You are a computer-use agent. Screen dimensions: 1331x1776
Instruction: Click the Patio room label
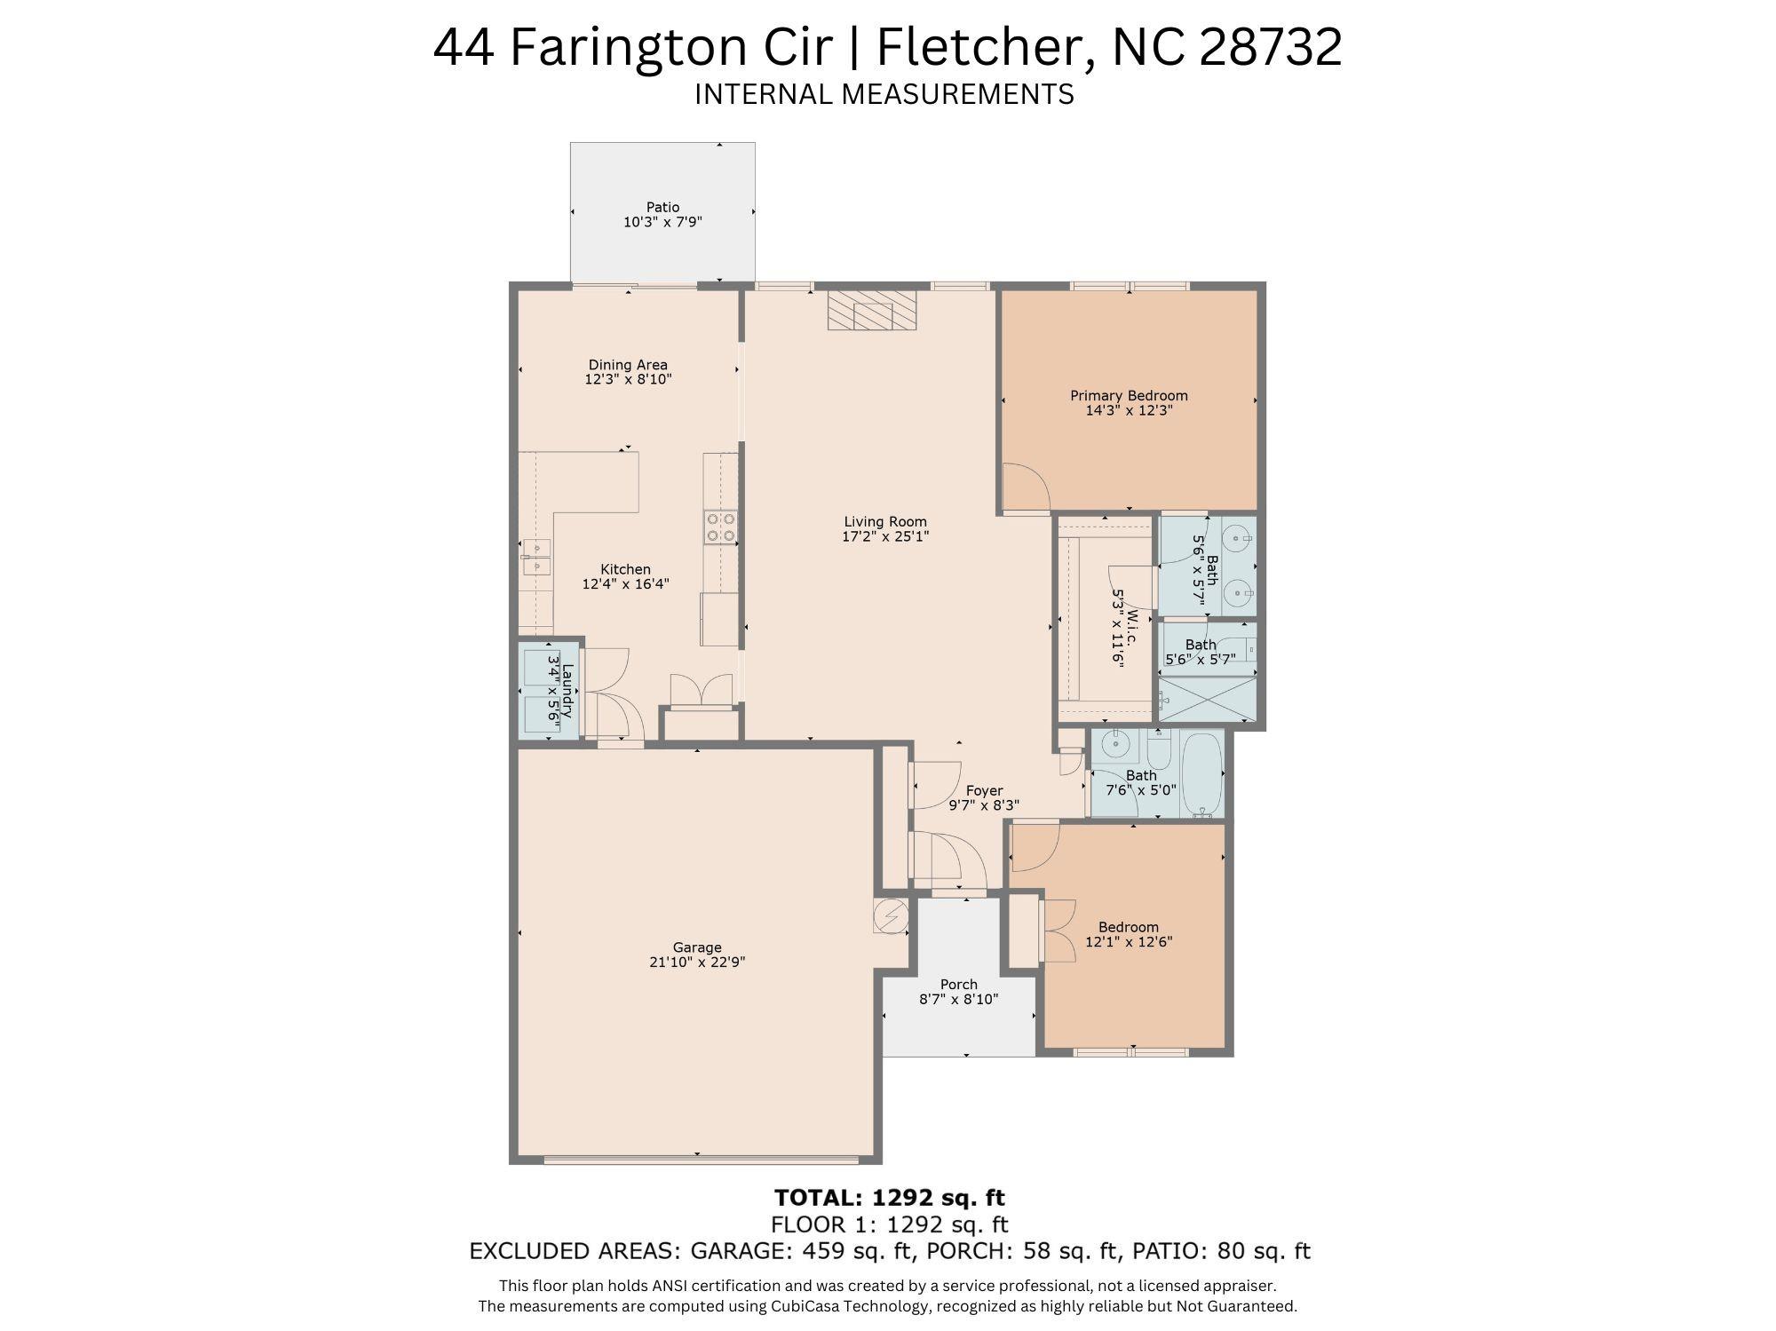(x=662, y=207)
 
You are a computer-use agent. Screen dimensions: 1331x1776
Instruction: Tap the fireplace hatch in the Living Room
(x=871, y=310)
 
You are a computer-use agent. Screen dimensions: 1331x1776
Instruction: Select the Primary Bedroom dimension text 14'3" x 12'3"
(x=1129, y=410)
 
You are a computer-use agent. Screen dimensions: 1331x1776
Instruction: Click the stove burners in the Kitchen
(x=719, y=527)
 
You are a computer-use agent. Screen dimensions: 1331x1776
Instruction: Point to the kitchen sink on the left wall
(x=535, y=557)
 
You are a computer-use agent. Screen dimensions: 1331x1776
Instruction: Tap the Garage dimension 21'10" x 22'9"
(x=696, y=962)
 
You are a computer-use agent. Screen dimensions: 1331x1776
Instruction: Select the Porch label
(x=958, y=984)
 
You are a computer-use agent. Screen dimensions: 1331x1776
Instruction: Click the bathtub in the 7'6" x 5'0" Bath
(x=1203, y=773)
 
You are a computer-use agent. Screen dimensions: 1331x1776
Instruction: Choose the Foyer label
(x=984, y=790)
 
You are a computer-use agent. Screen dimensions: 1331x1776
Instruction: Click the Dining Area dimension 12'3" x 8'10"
(x=627, y=379)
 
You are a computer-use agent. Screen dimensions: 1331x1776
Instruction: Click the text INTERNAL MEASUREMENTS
(x=884, y=94)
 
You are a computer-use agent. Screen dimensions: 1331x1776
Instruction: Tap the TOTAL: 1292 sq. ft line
(x=889, y=1198)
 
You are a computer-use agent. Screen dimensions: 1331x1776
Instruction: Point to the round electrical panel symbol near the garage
(x=891, y=915)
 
